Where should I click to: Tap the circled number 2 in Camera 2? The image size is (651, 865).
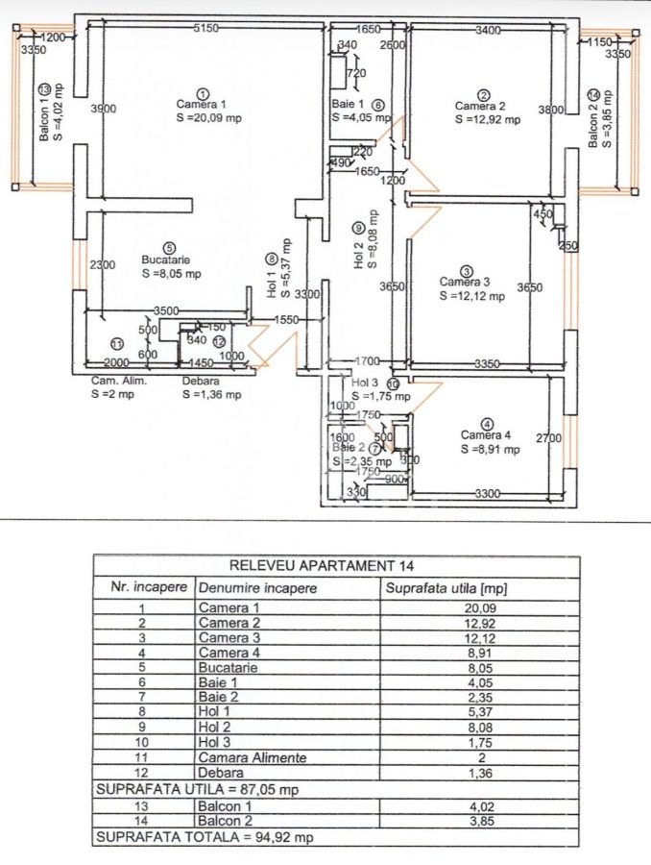point(485,93)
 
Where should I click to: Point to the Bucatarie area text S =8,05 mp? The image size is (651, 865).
point(170,274)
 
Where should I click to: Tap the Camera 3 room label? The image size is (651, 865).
point(465,282)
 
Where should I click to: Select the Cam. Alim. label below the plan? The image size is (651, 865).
point(111,380)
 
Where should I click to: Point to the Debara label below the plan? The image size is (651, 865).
point(200,380)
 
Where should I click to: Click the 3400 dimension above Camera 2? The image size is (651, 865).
point(488,30)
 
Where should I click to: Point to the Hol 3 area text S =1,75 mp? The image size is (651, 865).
point(380,395)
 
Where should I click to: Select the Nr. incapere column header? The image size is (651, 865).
point(142,586)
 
